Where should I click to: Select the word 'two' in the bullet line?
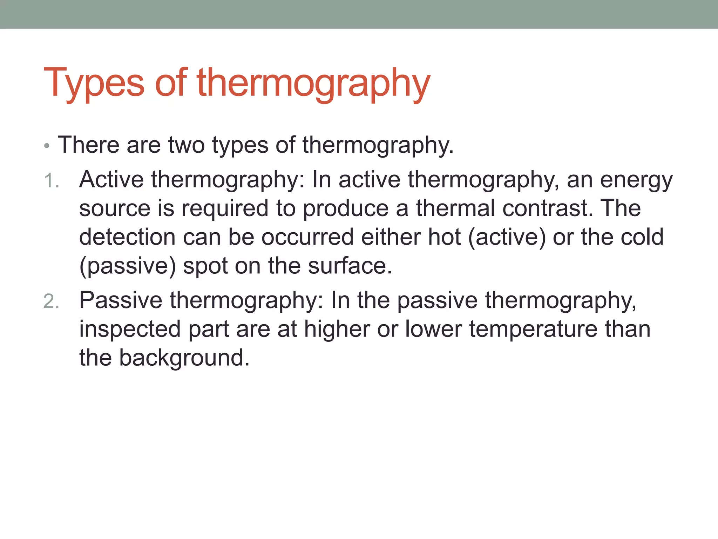coord(186,145)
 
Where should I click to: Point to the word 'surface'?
coord(350,266)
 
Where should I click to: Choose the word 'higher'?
coord(337,330)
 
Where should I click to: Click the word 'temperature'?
coord(533,330)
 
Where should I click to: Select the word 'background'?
coord(184,359)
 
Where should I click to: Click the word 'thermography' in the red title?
coord(313,84)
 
